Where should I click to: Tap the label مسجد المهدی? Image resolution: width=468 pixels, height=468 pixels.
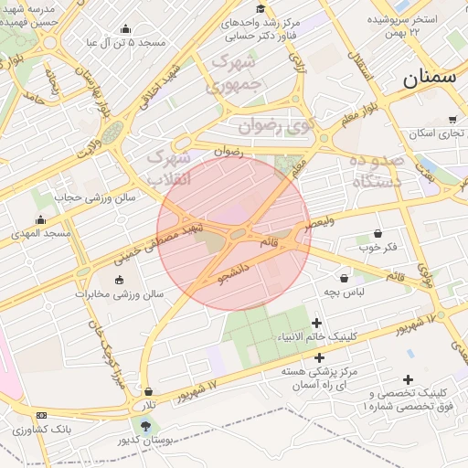click(x=40, y=234)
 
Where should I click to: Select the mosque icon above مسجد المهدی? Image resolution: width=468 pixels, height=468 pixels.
click(x=40, y=219)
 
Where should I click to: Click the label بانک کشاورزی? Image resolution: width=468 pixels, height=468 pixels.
click(x=47, y=428)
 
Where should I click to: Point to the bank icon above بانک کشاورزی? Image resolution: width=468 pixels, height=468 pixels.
click(x=41, y=415)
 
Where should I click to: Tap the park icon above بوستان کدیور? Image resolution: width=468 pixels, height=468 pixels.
click(x=144, y=425)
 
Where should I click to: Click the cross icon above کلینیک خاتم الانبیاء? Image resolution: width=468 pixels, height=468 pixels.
click(x=317, y=323)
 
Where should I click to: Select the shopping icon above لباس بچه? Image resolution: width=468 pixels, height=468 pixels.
click(x=344, y=278)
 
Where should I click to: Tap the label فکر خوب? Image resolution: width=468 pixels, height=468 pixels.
click(x=378, y=248)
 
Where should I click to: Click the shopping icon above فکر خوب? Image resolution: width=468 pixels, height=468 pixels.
click(x=378, y=234)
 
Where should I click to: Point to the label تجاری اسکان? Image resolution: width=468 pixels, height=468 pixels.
click(x=437, y=133)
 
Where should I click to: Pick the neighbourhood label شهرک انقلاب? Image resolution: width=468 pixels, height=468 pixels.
click(x=169, y=169)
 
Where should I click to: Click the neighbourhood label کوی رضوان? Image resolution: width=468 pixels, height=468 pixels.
click(x=275, y=124)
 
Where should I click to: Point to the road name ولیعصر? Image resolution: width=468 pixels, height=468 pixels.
click(x=321, y=222)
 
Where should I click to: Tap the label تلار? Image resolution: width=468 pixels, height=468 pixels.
click(x=147, y=404)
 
